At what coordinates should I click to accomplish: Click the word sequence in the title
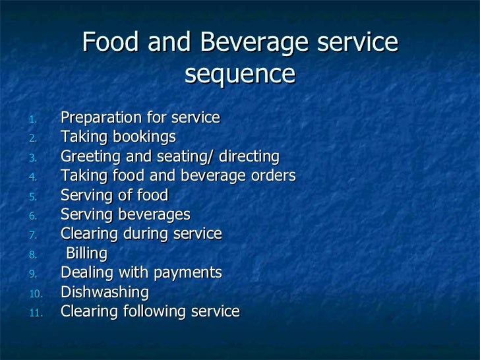click(239, 75)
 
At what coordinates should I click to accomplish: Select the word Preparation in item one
click(96, 118)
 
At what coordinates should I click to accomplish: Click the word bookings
click(144, 137)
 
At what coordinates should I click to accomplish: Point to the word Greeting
click(88, 157)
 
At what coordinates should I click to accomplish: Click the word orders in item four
click(273, 176)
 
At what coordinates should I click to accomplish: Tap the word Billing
click(86, 253)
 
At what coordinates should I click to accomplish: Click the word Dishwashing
click(105, 291)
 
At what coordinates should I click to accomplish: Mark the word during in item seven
click(139, 234)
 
